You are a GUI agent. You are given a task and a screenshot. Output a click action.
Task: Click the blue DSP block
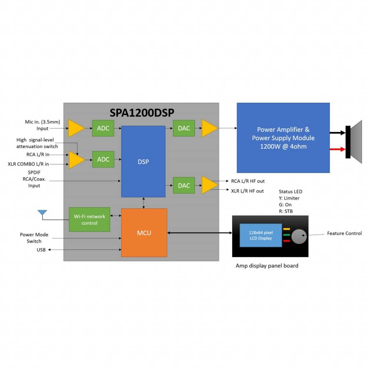143,161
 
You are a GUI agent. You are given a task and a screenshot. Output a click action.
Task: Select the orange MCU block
144,233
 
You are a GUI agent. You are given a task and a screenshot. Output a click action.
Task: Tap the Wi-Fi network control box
89,220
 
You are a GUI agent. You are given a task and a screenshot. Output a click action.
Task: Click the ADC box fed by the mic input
103,128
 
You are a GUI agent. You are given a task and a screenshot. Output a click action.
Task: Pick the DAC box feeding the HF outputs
184,185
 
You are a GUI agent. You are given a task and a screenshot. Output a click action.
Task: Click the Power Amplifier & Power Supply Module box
283,138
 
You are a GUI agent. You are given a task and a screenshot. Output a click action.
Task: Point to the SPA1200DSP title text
142,112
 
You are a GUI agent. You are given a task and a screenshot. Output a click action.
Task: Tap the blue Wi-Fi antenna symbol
42,213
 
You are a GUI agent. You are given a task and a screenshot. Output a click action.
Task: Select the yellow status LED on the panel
287,229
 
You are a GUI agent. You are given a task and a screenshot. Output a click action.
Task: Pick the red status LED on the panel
287,241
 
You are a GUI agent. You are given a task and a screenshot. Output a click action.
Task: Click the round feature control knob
298,236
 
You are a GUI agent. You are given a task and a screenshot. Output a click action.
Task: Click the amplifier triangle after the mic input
76,128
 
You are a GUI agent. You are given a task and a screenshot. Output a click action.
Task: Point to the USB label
41,250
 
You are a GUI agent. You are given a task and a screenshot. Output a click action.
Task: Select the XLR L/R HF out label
247,191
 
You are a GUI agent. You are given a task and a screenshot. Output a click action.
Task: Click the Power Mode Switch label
34,238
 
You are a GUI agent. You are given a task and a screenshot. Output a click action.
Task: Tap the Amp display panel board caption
267,266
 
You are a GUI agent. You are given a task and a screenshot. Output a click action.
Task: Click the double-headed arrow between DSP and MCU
144,203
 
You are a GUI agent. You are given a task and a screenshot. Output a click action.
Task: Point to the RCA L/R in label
38,155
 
